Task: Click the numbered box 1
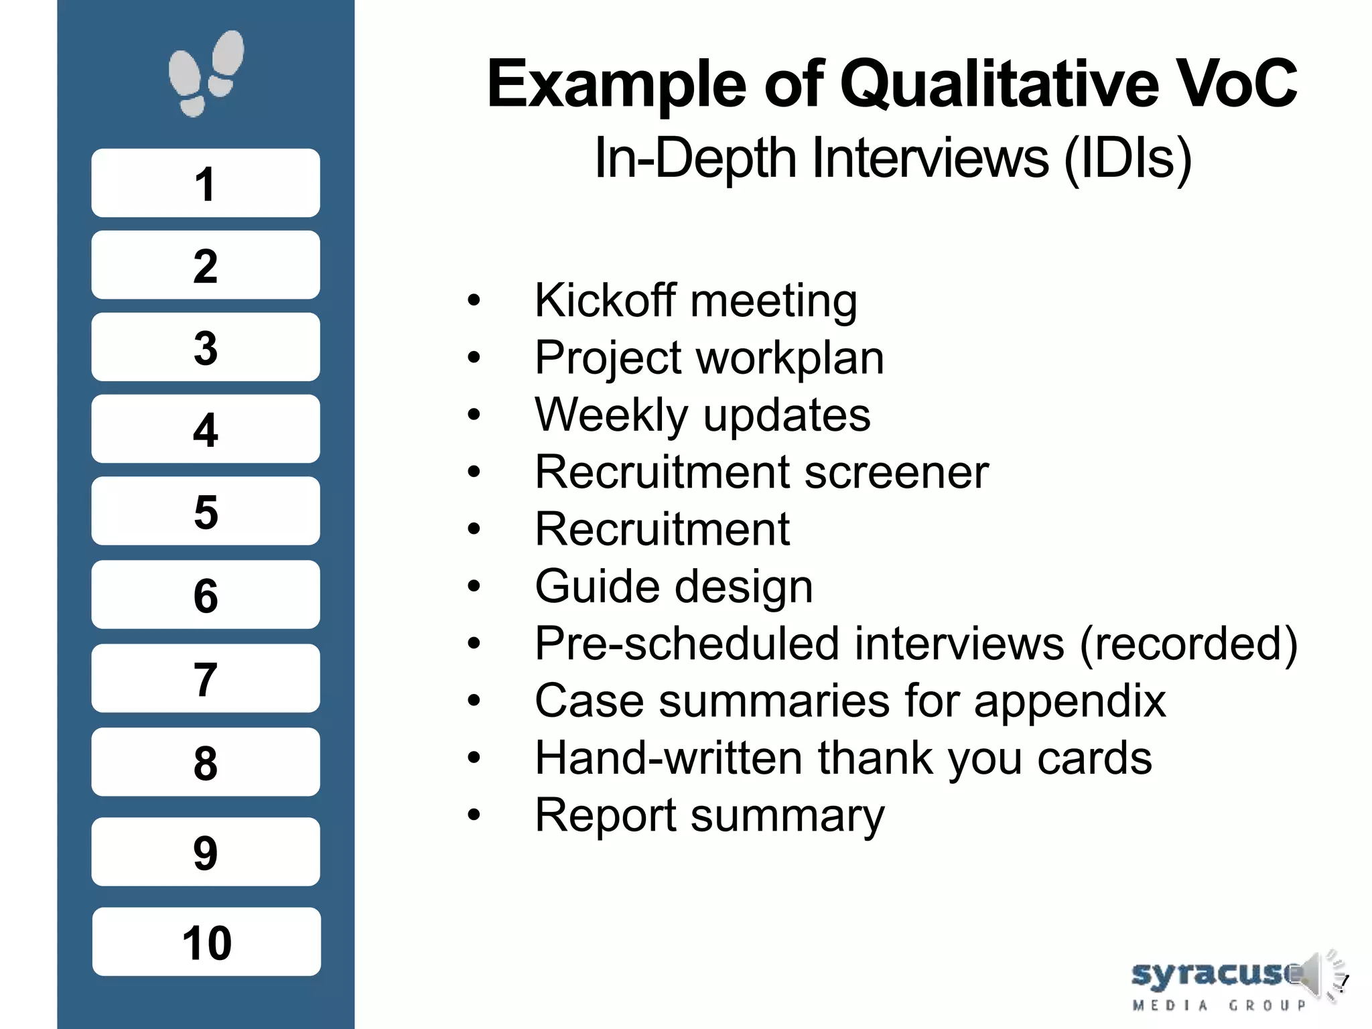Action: [x=206, y=183]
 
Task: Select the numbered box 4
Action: [x=206, y=429]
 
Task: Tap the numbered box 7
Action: [x=206, y=678]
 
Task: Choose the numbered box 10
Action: [x=206, y=941]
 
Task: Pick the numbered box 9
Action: [x=206, y=851]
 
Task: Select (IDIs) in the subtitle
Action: [x=1128, y=158]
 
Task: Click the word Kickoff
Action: [x=604, y=300]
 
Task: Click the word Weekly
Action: [x=611, y=415]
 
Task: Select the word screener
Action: [x=896, y=472]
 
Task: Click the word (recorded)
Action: [x=1188, y=644]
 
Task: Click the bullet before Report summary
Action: [x=474, y=815]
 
